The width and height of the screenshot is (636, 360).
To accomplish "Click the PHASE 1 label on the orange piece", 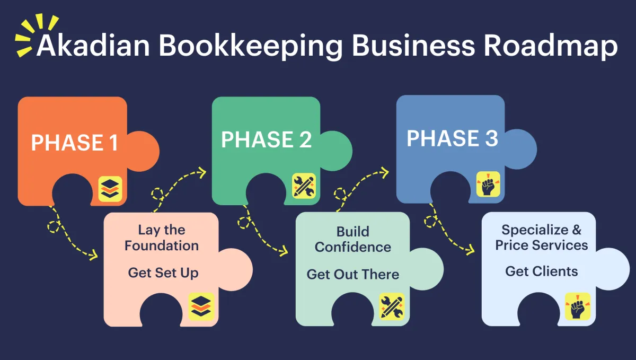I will (x=74, y=143).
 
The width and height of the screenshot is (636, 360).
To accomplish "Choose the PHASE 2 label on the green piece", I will (x=266, y=139).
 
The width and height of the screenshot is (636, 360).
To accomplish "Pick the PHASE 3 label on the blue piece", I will (x=452, y=138).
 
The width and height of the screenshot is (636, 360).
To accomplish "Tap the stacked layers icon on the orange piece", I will (x=110, y=189).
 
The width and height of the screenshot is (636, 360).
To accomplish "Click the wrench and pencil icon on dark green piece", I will (x=304, y=186).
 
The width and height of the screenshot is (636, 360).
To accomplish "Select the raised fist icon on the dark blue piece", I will (x=488, y=185).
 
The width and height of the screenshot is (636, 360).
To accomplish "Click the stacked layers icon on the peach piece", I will (x=201, y=306).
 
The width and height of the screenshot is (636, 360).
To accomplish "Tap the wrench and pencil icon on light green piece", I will (x=392, y=306).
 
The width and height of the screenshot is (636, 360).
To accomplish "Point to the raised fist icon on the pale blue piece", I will (x=578, y=306).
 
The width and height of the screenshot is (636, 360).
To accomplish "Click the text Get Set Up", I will (x=163, y=273).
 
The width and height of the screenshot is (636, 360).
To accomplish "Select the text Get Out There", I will (x=353, y=274).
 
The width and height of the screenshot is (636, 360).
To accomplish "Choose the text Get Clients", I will (x=542, y=271).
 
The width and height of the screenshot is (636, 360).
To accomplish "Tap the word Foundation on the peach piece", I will (x=162, y=245).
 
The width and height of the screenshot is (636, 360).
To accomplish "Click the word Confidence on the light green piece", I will (x=353, y=247).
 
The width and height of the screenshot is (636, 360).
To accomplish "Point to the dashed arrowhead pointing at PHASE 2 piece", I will (x=202, y=171).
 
